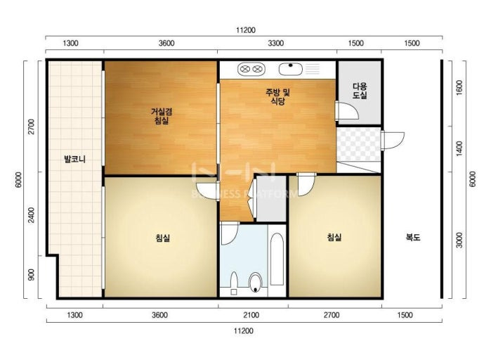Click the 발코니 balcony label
click(x=74, y=160)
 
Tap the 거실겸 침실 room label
click(x=162, y=116)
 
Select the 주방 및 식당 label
click(x=277, y=96)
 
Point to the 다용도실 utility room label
click(x=360, y=91)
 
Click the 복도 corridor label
click(x=413, y=237)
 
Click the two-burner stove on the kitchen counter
click(x=251, y=69)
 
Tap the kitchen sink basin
click(x=291, y=69)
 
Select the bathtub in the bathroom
click(x=277, y=259)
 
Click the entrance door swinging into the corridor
click(x=393, y=141)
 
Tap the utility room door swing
click(x=346, y=110)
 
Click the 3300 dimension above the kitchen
click(x=276, y=43)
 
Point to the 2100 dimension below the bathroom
click(x=251, y=315)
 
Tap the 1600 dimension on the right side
click(x=459, y=88)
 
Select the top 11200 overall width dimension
click(x=246, y=30)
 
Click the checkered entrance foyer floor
click(x=358, y=144)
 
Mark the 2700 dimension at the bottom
click(x=332, y=315)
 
